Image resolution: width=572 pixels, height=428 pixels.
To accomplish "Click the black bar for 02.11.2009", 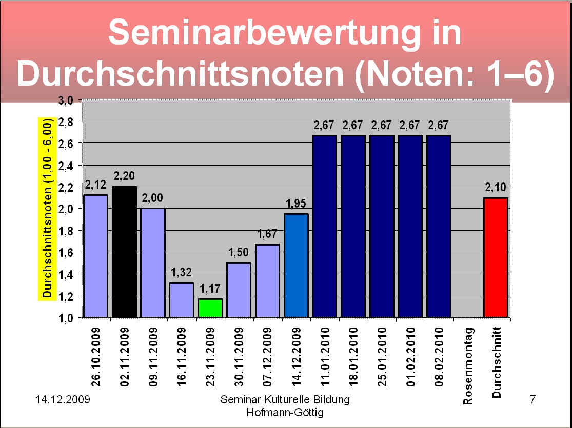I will coord(125,252).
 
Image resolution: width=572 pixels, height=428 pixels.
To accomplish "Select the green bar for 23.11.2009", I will coord(210,308).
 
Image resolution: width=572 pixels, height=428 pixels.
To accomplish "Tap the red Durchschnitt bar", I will coord(496,257).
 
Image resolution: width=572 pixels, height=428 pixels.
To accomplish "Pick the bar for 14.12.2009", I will coord(296,266).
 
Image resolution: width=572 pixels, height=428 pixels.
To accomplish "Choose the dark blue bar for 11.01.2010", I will coord(324,226).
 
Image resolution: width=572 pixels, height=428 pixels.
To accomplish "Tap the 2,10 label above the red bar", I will coord(496,188).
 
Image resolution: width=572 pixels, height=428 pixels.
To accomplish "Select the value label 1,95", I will coord(296,205).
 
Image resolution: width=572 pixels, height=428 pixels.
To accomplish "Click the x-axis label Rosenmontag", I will coord(468,365).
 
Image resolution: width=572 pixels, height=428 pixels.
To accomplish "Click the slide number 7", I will coord(532,400).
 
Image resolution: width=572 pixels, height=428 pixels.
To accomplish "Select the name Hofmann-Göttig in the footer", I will coord(285,412).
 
